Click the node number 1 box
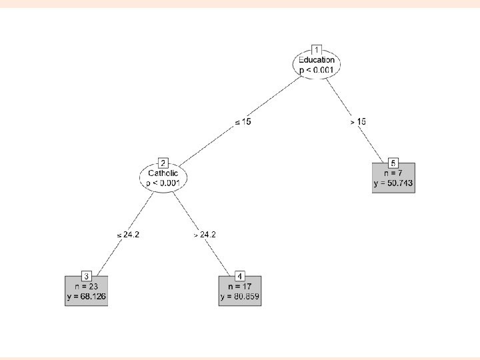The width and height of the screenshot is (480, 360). [317, 49]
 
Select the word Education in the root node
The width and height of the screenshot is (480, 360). [317, 59]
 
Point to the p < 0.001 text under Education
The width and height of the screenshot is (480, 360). [317, 69]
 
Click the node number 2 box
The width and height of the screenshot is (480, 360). [163, 163]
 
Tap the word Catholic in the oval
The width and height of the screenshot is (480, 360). [163, 173]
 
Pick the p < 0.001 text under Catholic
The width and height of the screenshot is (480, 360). [163, 183]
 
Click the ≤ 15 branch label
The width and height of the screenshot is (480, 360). [243, 122]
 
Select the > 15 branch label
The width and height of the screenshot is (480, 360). [357, 122]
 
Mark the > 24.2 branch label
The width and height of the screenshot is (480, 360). [204, 235]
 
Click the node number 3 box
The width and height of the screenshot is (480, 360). [87, 276]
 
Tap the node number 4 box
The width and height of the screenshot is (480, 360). [240, 276]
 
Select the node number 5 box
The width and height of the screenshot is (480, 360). [393, 163]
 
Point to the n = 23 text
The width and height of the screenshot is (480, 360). [87, 286]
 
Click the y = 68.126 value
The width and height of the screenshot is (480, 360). [87, 297]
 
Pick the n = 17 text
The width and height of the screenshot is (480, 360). [240, 286]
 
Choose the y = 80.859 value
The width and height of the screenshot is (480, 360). [240, 297]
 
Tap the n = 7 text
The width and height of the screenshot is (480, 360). [393, 173]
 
